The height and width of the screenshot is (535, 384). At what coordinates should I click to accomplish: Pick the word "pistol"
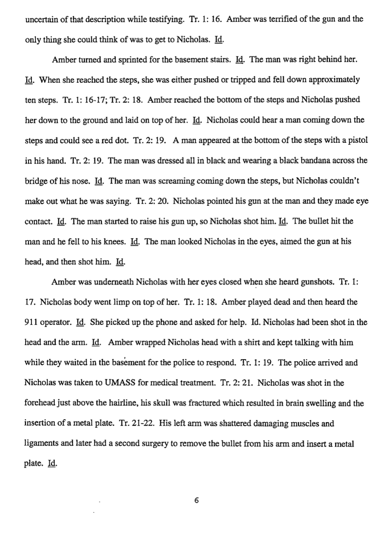point(358,140)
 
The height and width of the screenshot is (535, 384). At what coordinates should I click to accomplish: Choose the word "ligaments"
point(40,443)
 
